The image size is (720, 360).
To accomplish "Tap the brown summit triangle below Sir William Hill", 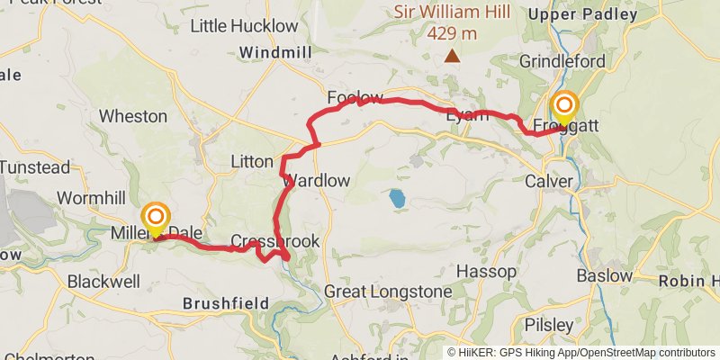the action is [x=452, y=57].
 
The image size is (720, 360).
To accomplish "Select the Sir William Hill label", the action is [x=452, y=13].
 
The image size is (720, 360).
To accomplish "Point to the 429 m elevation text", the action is [x=452, y=34].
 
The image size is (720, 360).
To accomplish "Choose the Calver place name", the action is [x=549, y=181].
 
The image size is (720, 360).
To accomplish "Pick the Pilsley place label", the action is [x=551, y=324].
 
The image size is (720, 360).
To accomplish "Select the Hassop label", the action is [x=487, y=271].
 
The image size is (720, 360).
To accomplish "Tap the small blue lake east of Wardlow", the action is [x=397, y=197].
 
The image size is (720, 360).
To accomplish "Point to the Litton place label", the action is [x=252, y=161].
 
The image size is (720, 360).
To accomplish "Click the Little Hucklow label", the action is [x=244, y=25].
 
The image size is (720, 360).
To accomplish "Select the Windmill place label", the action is [x=275, y=53].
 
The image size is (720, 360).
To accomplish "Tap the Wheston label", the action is [x=133, y=116].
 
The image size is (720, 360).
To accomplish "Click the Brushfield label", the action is [x=220, y=303].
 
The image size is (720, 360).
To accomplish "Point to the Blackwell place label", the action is [x=103, y=281].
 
